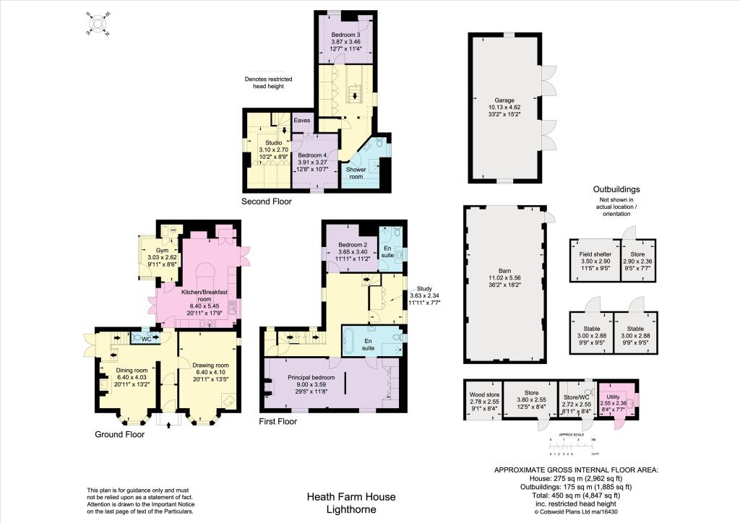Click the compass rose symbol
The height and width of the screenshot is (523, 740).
coord(95,23)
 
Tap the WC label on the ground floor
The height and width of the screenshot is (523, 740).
coord(146,338)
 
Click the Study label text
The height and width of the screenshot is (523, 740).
coord(418,287)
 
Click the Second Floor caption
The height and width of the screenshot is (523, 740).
coord(267,202)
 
